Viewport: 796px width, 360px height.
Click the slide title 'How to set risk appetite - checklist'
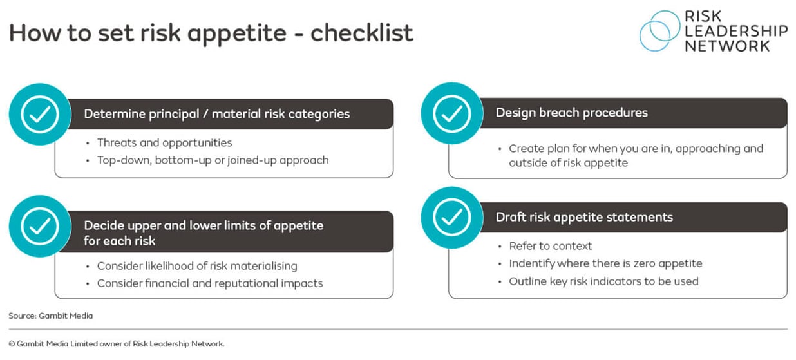(x=211, y=33)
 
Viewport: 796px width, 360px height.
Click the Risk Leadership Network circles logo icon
(x=660, y=30)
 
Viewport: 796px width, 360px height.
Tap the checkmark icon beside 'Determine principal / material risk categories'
(x=40, y=114)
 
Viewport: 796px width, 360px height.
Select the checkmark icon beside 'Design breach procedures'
(x=452, y=113)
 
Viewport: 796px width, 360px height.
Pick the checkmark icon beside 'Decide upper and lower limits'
(x=40, y=225)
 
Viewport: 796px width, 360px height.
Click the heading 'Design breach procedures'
(x=571, y=113)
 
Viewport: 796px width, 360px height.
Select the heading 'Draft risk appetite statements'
(x=584, y=217)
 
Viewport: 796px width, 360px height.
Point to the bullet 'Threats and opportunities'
(x=164, y=142)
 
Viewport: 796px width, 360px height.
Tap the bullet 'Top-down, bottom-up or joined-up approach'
(x=213, y=160)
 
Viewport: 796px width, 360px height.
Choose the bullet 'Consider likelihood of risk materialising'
(x=197, y=265)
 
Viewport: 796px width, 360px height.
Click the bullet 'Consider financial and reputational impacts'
(x=210, y=283)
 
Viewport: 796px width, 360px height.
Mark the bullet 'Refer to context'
(x=550, y=245)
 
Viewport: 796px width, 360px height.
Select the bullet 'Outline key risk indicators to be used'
(x=603, y=281)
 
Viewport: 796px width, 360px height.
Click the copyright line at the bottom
(x=117, y=344)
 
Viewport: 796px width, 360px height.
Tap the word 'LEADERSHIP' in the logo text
(x=735, y=30)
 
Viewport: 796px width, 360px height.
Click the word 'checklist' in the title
(x=361, y=33)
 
